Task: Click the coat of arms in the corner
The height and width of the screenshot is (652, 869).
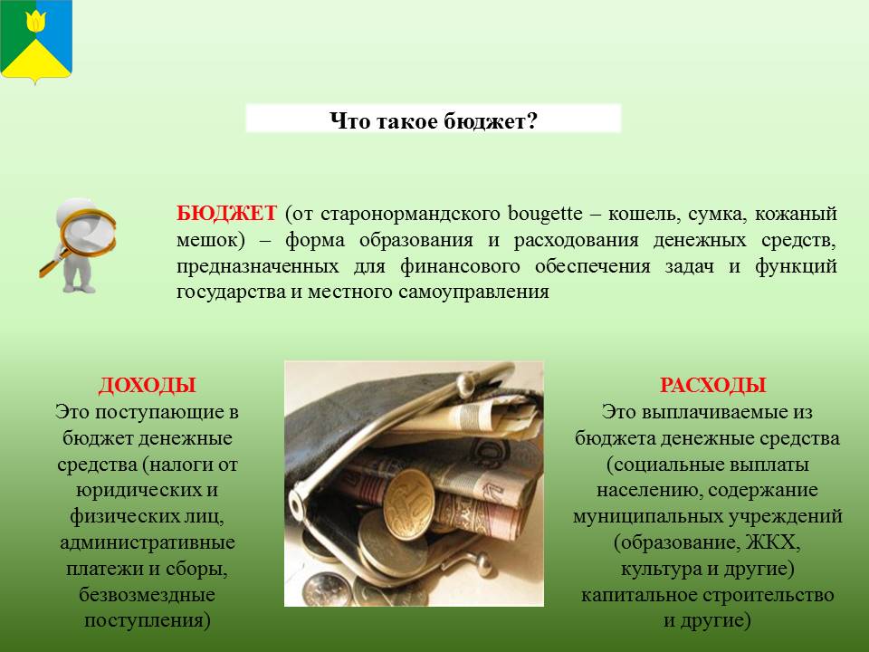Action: tap(36, 40)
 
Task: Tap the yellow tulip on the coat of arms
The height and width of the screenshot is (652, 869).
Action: tap(36, 22)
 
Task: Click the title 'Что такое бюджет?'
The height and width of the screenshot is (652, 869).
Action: tap(434, 120)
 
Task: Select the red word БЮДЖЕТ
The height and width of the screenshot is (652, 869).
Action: tap(226, 213)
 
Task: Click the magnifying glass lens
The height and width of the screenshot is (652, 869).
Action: tap(89, 234)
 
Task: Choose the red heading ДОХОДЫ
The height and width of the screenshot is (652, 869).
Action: tap(147, 386)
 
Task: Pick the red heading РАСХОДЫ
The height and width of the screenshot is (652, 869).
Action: tap(712, 386)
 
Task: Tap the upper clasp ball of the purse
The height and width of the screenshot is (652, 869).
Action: tap(465, 382)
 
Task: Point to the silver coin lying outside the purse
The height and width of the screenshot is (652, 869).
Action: tap(327, 589)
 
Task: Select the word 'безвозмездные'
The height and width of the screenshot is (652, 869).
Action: tap(147, 595)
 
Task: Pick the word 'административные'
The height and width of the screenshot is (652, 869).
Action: tap(148, 542)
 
